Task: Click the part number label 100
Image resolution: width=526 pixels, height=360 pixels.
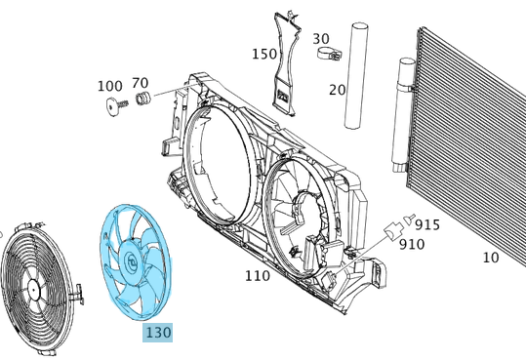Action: [x=109, y=86]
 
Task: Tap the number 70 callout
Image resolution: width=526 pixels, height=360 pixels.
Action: [x=140, y=83]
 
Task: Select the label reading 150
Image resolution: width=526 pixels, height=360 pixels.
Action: [x=264, y=53]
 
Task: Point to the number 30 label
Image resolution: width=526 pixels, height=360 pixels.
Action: [x=321, y=39]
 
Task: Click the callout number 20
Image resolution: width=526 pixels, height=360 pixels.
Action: [x=337, y=90]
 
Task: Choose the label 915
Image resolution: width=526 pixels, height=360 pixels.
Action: [x=426, y=224]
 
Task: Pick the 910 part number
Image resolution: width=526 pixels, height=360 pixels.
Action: [x=411, y=244]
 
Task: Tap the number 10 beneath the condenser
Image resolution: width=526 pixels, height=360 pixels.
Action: [x=490, y=258]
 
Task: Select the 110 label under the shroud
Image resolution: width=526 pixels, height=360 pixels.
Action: [x=257, y=276]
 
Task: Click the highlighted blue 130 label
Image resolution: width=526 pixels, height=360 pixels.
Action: [x=157, y=333]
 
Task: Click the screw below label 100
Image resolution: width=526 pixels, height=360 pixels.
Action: [x=112, y=106]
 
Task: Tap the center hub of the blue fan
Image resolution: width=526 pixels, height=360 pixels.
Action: [x=132, y=260]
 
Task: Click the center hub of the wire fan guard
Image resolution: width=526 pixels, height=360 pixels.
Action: [x=34, y=288]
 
